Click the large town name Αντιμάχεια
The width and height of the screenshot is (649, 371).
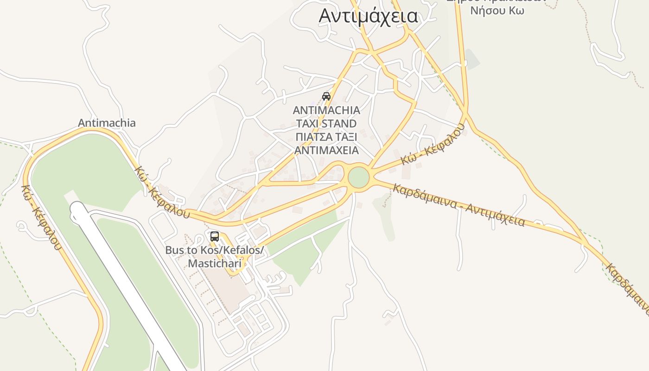(368, 16)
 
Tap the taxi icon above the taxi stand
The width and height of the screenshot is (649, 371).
(326, 96)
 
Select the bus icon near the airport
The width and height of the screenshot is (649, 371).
(214, 236)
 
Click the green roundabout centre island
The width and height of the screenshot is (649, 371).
(358, 178)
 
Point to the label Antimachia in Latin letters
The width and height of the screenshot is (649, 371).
(107, 123)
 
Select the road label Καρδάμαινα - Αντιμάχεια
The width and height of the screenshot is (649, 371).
(459, 205)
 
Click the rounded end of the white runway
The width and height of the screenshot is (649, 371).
(77, 210)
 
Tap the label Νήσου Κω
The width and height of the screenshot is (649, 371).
(497, 11)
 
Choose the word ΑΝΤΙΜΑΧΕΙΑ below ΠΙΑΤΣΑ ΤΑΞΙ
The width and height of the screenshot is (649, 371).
(326, 150)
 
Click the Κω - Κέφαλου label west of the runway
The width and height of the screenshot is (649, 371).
(41, 217)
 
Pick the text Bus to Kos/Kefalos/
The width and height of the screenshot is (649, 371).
(215, 250)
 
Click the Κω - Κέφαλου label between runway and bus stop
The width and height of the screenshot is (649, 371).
(162, 192)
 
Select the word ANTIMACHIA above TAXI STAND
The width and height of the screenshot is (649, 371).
(326, 110)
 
